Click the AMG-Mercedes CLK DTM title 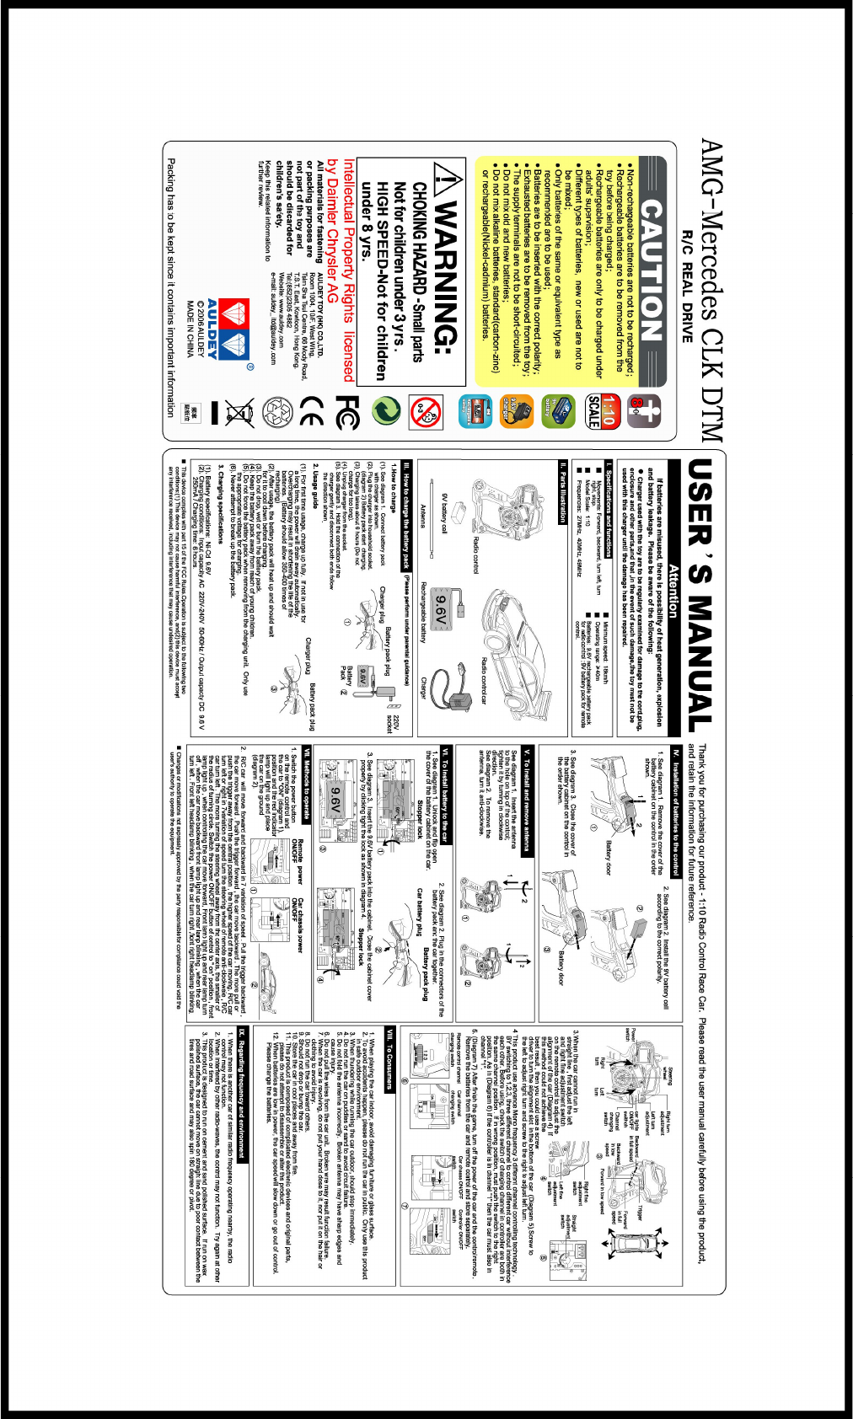[x=712, y=291]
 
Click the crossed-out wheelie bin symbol [x=239, y=412]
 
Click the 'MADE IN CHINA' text [x=191, y=329]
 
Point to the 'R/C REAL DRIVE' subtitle [x=687, y=286]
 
